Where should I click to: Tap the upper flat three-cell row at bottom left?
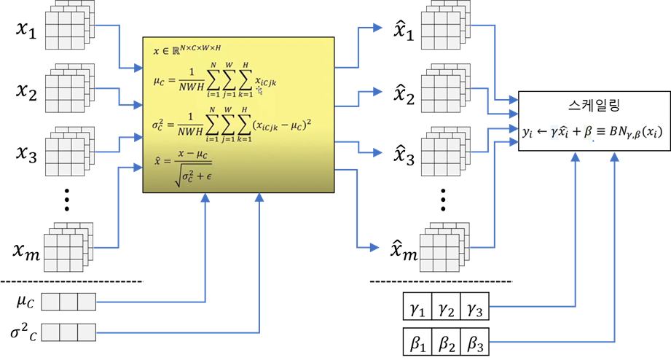[x=68, y=302]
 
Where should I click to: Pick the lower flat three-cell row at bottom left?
[x=68, y=332]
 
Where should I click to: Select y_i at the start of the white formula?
[x=528, y=132]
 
